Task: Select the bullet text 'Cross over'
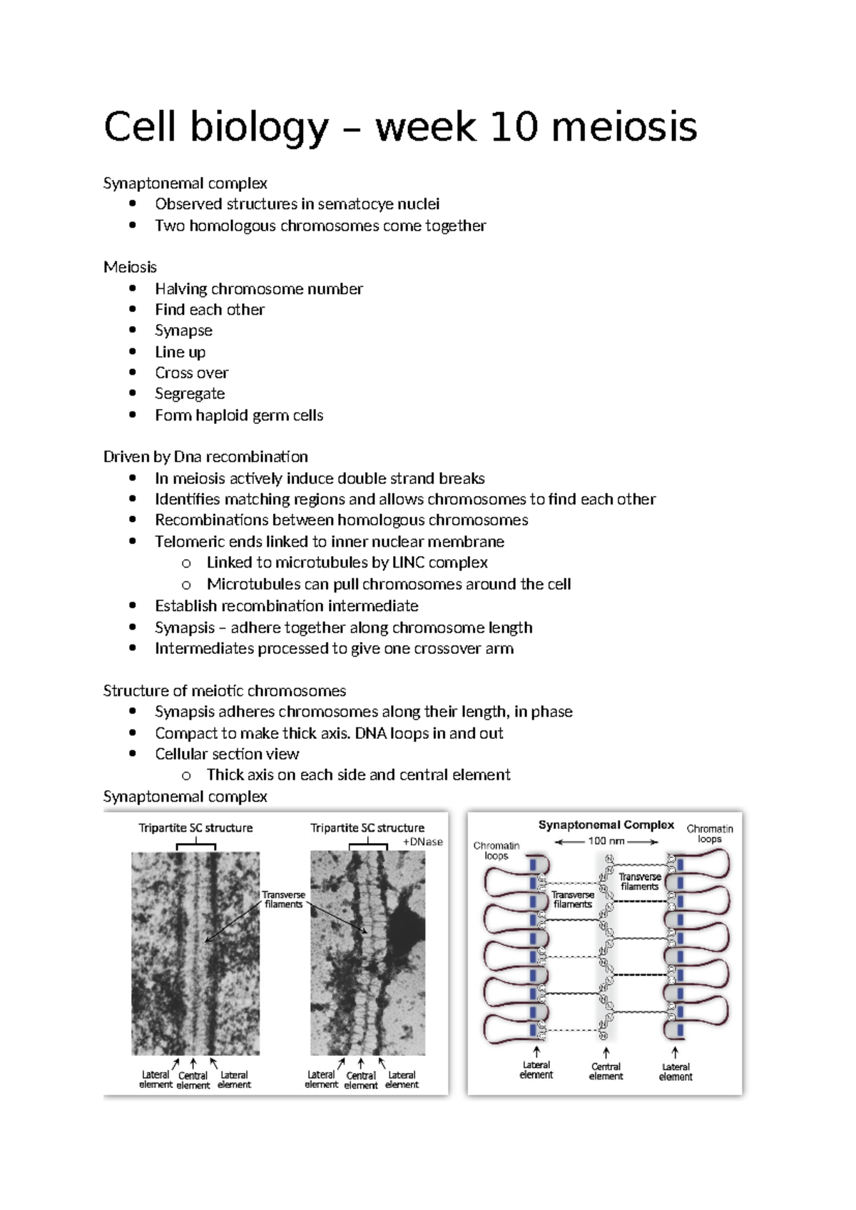(x=191, y=373)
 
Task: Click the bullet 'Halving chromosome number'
(x=258, y=289)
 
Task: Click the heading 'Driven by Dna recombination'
(x=205, y=457)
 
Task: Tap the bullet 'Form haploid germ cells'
(x=239, y=415)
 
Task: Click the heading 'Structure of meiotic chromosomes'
(x=224, y=691)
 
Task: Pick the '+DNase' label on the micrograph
(x=423, y=842)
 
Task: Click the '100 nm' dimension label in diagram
(x=606, y=841)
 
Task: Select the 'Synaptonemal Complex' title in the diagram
(x=606, y=825)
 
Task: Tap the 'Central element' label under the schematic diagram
(x=606, y=1072)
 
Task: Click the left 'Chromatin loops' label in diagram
(x=496, y=850)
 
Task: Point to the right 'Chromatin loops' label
(x=710, y=834)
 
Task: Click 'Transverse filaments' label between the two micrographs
(x=284, y=899)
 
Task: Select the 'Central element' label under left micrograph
(x=193, y=1080)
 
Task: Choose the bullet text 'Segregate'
(x=190, y=394)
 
